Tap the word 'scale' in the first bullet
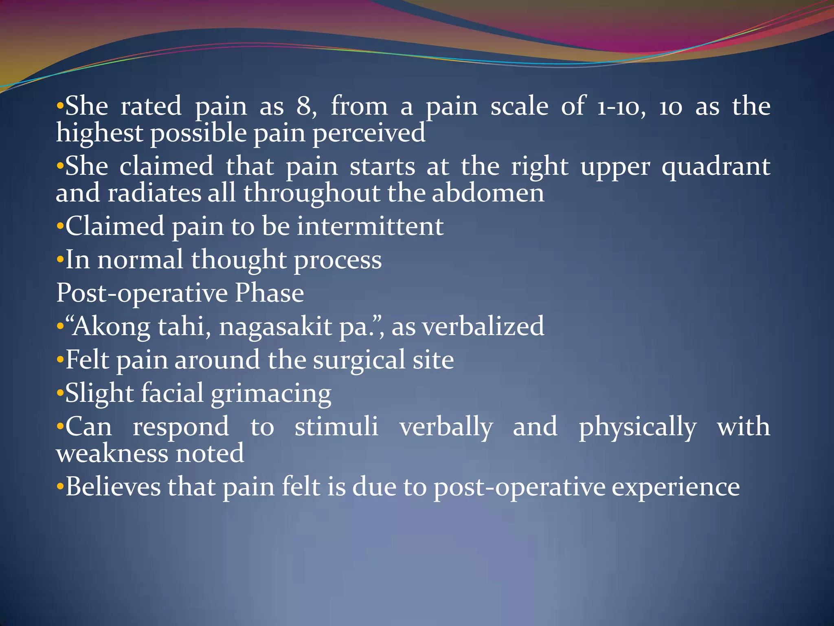(x=519, y=106)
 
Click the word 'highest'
(x=99, y=133)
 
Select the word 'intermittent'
(x=370, y=226)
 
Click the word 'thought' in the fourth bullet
(x=239, y=260)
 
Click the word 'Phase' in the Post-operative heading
(x=269, y=293)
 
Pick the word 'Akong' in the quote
(x=111, y=327)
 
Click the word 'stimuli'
(x=336, y=427)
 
